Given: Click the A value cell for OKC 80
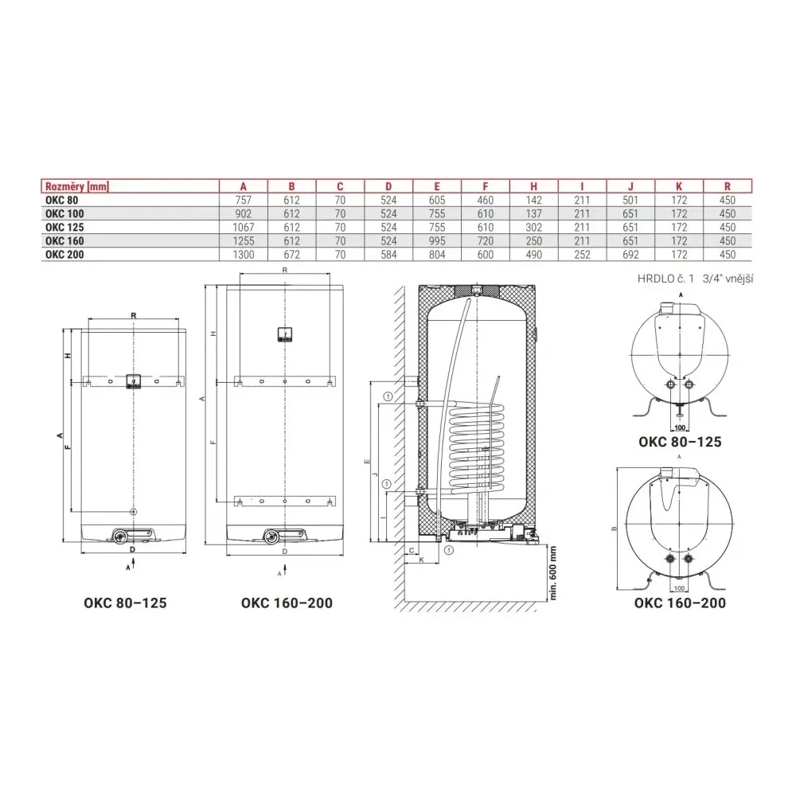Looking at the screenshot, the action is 243,200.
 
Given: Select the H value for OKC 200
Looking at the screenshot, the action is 533,255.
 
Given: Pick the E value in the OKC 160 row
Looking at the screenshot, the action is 436,240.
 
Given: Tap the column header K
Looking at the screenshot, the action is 679,186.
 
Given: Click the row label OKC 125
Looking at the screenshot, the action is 64,227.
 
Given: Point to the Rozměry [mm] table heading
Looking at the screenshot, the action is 77,186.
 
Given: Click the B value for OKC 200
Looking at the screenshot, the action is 291,255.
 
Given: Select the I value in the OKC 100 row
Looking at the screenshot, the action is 582,213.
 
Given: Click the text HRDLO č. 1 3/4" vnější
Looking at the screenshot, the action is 695,279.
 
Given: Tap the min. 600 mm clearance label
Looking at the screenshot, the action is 553,573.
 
